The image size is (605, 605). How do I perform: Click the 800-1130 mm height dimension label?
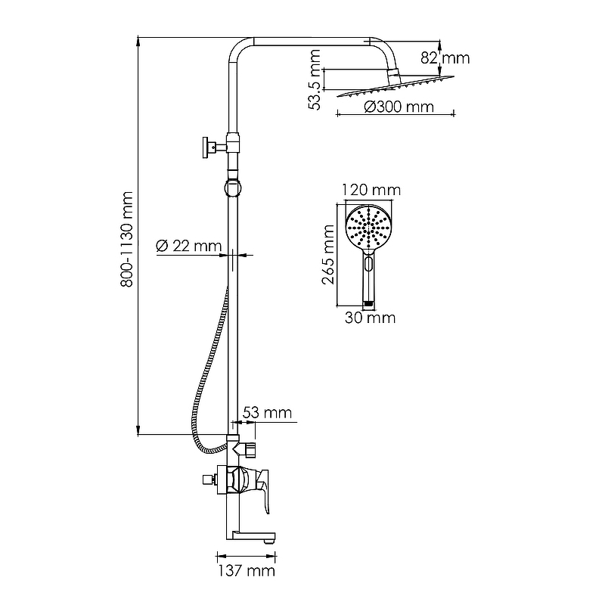tap(127, 239)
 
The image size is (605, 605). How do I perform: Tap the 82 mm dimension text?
tap(445, 58)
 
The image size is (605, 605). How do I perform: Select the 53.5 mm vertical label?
tap(315, 80)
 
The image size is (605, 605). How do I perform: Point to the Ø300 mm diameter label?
tap(399, 107)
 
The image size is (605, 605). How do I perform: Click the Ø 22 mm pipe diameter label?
tap(188, 246)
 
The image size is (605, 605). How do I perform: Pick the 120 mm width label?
tap(371, 190)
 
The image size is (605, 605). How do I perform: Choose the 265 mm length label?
tap(328, 255)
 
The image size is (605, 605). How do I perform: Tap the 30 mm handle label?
tap(370, 318)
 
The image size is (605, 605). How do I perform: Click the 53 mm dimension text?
tap(267, 413)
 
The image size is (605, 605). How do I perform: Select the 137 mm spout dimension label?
tap(247, 571)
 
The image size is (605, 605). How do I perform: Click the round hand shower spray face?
tap(368, 228)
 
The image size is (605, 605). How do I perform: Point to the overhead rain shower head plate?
tap(396, 86)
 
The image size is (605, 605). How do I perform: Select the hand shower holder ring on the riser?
tap(233, 188)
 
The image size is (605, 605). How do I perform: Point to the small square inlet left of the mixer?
tap(208, 479)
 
